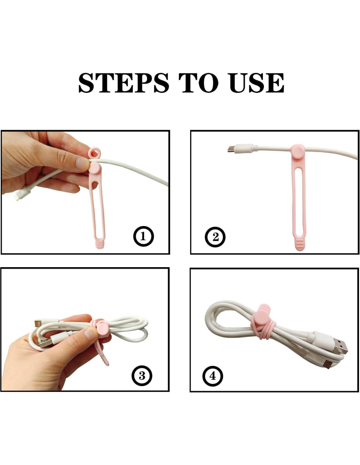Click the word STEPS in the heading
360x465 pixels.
(124, 83)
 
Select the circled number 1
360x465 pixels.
(143, 237)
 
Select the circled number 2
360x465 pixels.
(215, 237)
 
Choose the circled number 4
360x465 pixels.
(213, 376)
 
